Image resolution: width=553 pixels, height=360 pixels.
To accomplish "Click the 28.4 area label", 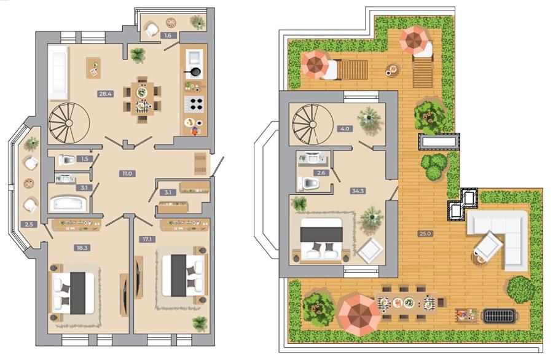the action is (106, 94).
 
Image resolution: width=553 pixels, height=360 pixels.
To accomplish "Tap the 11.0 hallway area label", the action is (127, 173).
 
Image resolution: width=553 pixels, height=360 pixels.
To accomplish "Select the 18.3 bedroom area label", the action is (82, 248).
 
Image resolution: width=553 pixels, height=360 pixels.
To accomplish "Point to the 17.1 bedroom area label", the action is (147, 239).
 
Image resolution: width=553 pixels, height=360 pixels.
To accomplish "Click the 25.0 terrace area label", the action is (425, 233).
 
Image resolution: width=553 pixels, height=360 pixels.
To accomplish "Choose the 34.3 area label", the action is (357, 191).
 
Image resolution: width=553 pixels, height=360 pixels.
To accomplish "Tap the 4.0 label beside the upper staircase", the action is (345, 128).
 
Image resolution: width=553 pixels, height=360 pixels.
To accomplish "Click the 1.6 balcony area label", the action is (168, 35).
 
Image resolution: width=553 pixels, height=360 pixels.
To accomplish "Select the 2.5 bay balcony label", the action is (29, 224).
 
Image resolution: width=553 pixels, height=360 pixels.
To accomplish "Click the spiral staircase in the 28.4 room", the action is (69, 123).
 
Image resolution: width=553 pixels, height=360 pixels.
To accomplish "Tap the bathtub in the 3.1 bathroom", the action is (68, 203).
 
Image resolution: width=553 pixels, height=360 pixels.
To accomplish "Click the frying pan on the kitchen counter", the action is (193, 72).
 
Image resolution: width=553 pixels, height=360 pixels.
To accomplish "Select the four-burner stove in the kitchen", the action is (194, 104).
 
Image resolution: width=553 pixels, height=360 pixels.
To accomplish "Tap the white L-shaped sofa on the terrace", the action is (501, 237).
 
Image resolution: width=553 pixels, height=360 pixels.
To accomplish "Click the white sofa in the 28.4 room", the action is (58, 72).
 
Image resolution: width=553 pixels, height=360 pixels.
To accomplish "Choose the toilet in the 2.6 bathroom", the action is (310, 183).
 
